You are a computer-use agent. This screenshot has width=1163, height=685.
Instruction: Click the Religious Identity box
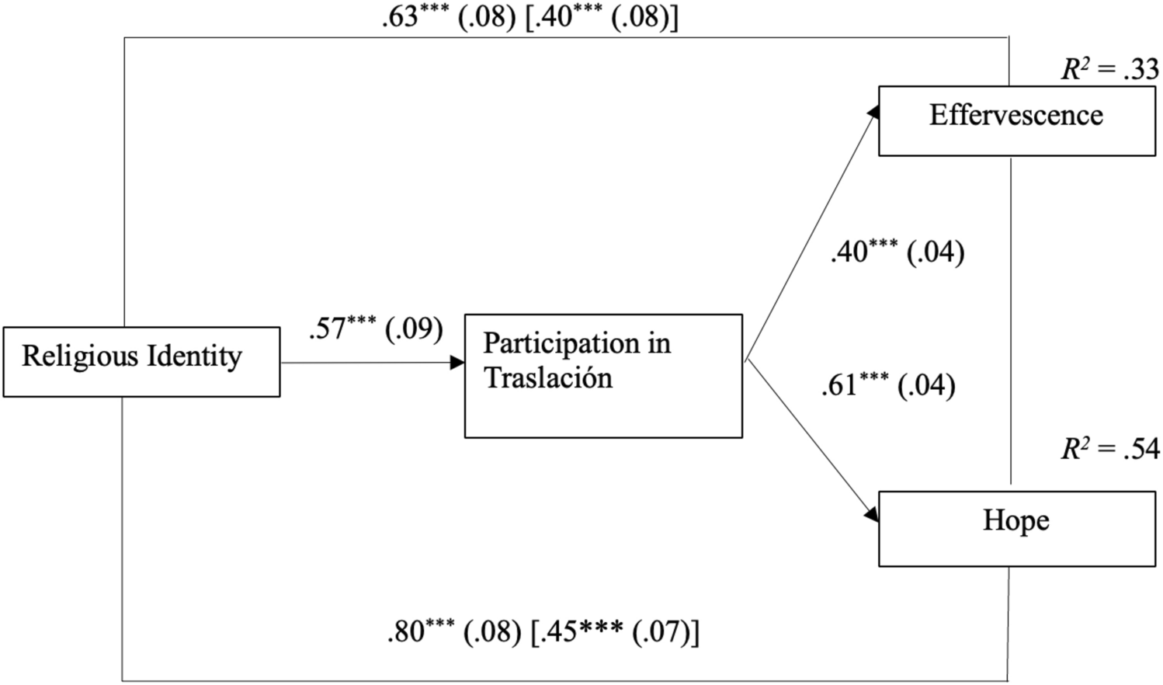(141, 362)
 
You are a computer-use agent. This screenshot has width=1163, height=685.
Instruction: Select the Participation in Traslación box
(603, 376)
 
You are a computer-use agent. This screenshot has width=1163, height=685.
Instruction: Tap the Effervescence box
(1016, 120)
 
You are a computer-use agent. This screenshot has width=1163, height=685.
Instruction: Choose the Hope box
(1016, 528)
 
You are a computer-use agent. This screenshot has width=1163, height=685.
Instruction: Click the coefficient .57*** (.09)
(376, 329)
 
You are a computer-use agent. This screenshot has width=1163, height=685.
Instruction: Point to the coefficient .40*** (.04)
(897, 252)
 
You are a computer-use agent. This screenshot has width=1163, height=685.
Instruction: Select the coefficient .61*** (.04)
(888, 385)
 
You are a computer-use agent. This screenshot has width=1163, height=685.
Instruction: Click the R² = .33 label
(1110, 70)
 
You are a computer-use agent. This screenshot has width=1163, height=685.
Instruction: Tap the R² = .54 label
(1110, 449)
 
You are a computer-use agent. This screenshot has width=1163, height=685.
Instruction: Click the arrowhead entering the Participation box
(457, 363)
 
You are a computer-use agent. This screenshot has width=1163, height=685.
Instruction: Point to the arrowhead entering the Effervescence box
(873, 112)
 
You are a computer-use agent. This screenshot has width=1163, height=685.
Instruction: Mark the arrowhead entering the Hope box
(872, 515)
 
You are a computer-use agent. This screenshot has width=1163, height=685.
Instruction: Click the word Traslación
(548, 378)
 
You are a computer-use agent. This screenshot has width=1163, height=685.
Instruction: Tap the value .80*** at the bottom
(420, 632)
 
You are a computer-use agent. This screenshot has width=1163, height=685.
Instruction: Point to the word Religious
(80, 356)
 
